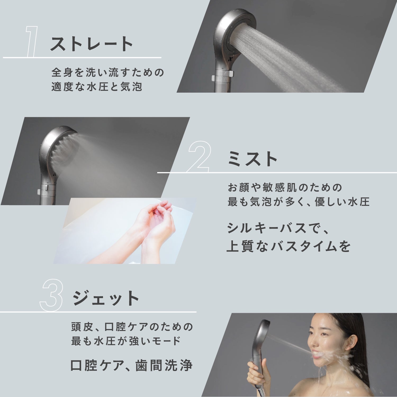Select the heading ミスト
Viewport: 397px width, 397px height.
pos(252,159)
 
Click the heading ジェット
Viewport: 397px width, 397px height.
pos(106,298)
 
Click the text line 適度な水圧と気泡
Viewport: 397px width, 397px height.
pos(97,87)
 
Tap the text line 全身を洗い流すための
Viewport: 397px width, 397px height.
pos(108,73)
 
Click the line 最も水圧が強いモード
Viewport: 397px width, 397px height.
pos(126,341)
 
